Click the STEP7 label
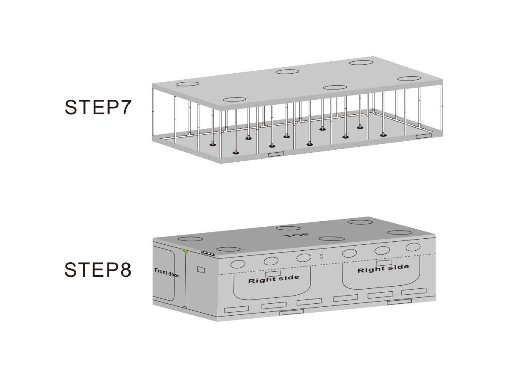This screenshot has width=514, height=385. [98, 107]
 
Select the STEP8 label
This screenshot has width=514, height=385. [98, 270]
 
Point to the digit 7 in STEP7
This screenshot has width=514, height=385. [125, 107]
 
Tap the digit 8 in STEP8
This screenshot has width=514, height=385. [125, 270]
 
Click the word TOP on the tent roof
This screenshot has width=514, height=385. [296, 235]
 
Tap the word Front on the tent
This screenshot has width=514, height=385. [161, 271]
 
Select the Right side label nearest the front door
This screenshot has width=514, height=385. [274, 279]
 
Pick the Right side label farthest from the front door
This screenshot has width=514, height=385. [383, 269]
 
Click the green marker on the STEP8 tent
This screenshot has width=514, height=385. [185, 252]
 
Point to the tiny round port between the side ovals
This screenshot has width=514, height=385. [322, 256]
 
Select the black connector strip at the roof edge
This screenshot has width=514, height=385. [208, 253]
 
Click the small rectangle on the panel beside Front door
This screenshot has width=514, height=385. [201, 270]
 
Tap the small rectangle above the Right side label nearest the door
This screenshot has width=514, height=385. [273, 273]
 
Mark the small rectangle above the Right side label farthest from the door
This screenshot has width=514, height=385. [384, 263]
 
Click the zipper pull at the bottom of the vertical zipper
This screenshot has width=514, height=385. [185, 307]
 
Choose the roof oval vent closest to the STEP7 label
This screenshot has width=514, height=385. [187, 84]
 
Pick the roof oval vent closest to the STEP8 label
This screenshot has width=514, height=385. [190, 239]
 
